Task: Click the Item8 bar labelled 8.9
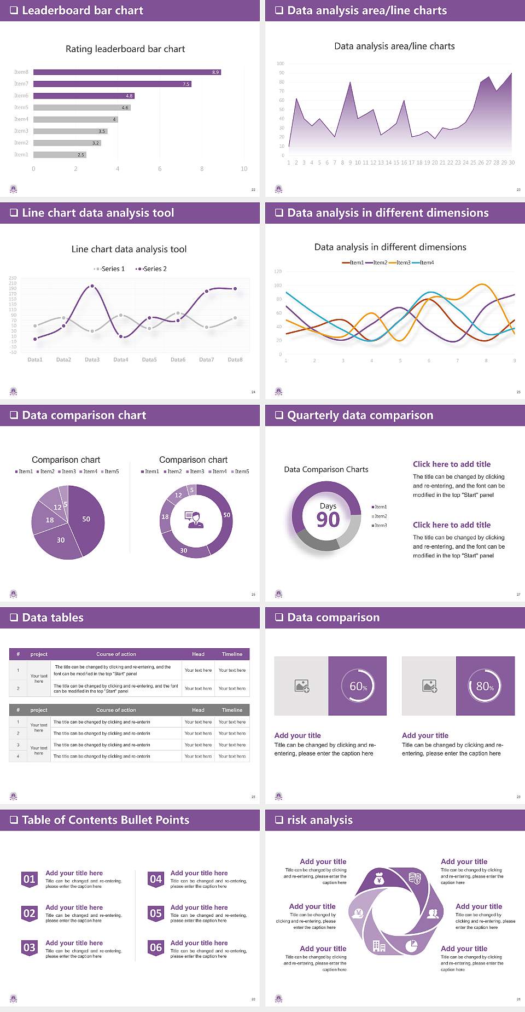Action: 127,72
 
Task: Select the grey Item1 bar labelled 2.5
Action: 60,155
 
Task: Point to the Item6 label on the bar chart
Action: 21,96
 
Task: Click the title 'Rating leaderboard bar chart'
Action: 125,49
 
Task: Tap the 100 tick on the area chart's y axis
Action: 281,63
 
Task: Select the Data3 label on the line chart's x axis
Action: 92,360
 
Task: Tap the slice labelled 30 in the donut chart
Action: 184,550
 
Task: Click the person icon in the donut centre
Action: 195,520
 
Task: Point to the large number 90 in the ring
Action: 328,520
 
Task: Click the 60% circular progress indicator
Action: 358,687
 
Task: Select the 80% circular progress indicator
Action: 485,687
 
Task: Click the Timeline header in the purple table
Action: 232,654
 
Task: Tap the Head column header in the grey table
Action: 198,710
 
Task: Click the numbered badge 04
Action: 156,880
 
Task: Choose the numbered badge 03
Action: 30,948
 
